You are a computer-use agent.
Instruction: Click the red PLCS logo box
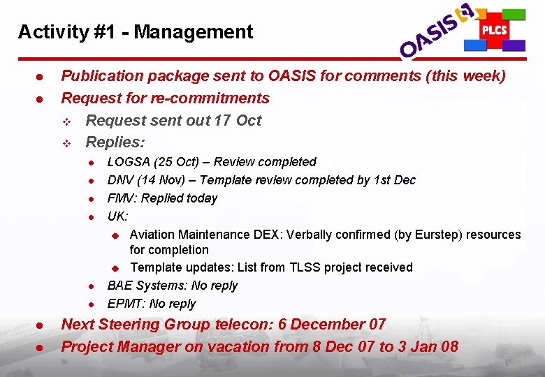(494, 30)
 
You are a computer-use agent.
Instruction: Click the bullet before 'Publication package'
(41, 76)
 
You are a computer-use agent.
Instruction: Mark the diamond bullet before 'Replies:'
(67, 143)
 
